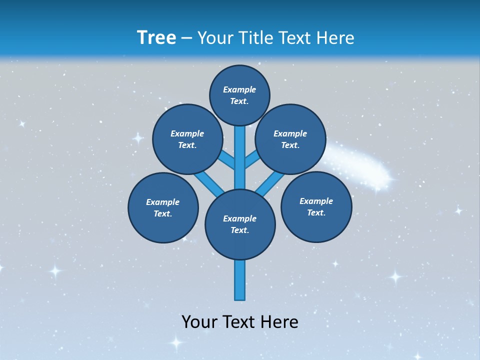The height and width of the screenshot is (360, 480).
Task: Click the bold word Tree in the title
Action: point(156,37)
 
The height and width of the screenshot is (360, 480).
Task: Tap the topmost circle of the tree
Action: point(239,95)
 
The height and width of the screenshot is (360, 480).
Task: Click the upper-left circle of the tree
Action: point(187,139)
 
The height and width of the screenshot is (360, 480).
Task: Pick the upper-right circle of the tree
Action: point(290,139)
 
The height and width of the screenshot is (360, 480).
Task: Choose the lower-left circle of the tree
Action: point(163,207)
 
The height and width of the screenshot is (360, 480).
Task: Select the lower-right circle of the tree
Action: point(316,206)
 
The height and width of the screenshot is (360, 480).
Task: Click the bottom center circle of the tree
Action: point(240,224)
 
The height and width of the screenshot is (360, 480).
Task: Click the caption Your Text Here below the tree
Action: point(240,321)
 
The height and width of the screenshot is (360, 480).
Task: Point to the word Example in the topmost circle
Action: point(239,89)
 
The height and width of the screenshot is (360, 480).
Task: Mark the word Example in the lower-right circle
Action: point(316,201)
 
